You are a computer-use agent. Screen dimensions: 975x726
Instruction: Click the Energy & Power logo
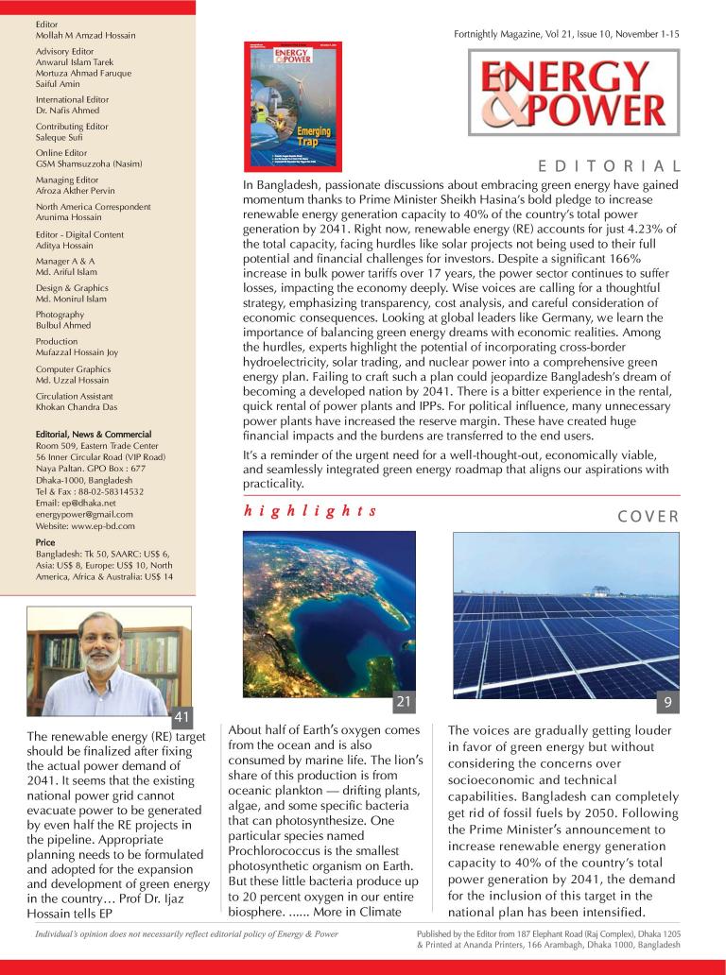[572, 93]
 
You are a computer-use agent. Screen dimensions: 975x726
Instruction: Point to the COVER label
[648, 516]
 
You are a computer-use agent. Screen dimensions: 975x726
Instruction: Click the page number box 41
[182, 714]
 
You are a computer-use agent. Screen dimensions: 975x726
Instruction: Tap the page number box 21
[404, 701]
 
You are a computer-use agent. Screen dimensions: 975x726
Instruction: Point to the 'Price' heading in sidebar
[44, 543]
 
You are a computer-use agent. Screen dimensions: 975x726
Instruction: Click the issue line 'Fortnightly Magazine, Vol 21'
[566, 33]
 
